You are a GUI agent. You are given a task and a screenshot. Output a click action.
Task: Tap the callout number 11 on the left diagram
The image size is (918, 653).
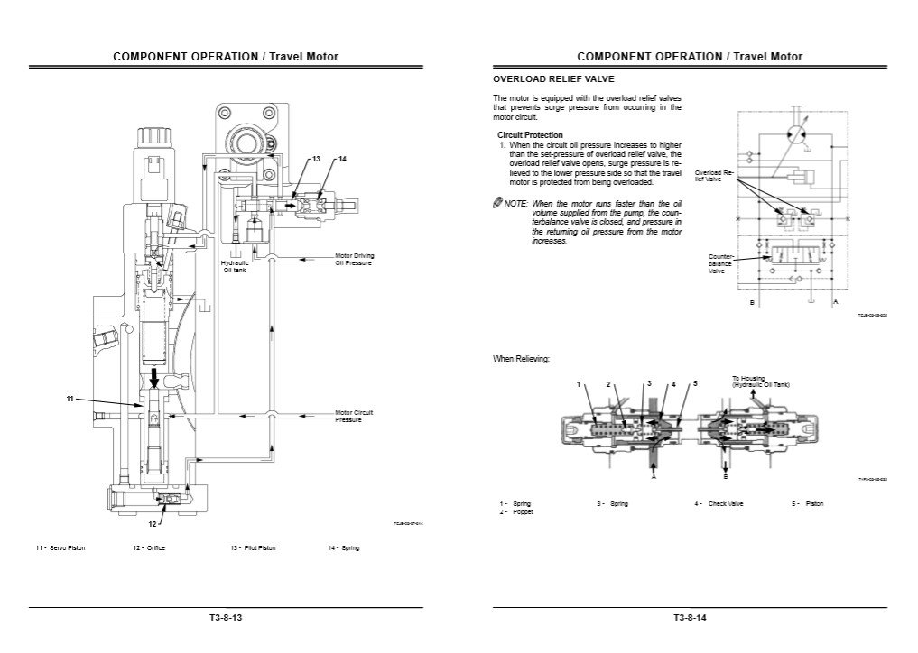coord(70,398)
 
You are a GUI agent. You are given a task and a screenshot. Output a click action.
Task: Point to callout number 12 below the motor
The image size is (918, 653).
coord(153,522)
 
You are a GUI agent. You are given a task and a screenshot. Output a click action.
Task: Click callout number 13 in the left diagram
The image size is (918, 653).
coord(316,159)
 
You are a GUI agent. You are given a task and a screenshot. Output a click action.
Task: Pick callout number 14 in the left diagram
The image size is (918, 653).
coord(342,159)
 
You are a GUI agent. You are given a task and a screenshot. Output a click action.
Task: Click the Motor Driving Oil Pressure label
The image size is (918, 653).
coord(354,259)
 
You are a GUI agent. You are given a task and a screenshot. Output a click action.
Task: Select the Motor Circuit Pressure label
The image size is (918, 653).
coord(354,416)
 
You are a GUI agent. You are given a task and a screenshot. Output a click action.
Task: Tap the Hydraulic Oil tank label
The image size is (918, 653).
coord(235,266)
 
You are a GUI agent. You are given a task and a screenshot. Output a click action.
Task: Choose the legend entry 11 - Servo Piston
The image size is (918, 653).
coord(60,548)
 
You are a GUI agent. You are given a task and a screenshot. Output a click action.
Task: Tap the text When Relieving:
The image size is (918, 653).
coord(521,359)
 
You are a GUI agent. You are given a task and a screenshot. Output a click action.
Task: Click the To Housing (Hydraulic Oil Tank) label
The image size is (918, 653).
coord(760,382)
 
